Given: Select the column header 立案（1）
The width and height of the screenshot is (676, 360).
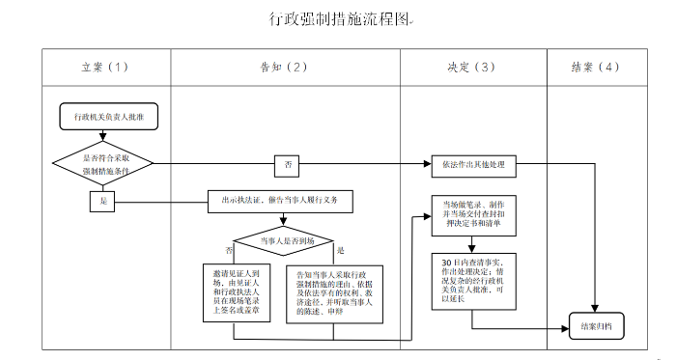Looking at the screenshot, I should pos(104,67).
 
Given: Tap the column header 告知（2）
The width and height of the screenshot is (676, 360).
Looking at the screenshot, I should pos(285,67).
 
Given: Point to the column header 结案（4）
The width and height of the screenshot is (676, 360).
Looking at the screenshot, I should pos(596,67).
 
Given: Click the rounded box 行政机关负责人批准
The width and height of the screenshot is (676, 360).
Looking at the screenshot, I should pos(103,116).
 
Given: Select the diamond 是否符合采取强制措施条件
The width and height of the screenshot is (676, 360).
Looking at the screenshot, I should pos(103,164).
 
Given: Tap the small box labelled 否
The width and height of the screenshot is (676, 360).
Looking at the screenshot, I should pos(288,165).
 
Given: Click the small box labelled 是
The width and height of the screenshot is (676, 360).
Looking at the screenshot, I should pos(103,202).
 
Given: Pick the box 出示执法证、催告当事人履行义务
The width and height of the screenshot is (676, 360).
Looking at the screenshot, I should pos(281,201).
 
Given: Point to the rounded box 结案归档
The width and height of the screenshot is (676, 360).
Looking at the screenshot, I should pos(596,327).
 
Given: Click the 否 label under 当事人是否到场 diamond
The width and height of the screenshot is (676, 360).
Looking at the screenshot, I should pos(229,249).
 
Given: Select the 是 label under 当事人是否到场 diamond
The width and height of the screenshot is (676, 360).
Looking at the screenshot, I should pos(339,249).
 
